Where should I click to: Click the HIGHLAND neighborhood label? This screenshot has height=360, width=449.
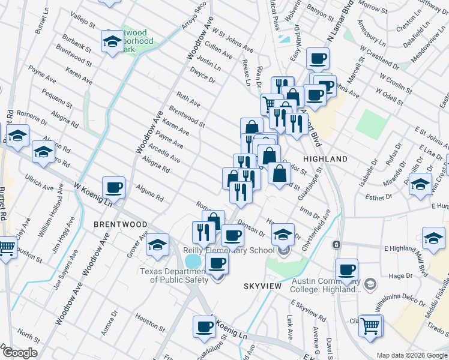tap(325, 159)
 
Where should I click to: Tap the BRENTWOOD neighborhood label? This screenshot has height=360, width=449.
tap(120, 224)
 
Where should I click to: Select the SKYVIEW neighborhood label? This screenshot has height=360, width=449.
tap(262, 287)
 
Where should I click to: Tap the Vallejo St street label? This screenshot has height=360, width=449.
tap(83, 19)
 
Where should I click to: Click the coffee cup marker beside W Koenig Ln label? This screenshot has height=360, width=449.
tap(113, 187)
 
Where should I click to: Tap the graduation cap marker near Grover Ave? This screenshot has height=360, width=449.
tap(157, 244)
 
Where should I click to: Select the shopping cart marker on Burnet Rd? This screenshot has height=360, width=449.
tap(6, 246)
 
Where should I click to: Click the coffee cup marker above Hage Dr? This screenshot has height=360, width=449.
tap(346, 269)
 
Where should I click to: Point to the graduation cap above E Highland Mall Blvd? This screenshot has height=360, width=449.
tap(433, 238)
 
